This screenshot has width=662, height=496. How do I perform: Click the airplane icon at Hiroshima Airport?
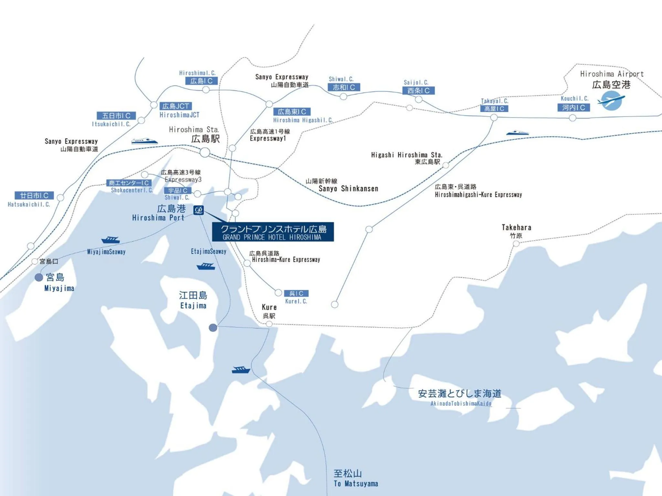coord(611,100)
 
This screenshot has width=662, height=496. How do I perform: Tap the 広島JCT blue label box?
coord(176,106)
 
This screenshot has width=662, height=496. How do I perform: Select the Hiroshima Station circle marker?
coord(205,152)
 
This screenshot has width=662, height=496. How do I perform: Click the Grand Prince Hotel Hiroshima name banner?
coord(273,232)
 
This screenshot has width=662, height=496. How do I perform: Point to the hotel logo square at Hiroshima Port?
coord(198,210)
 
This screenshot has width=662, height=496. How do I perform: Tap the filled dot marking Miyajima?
coord(39,277)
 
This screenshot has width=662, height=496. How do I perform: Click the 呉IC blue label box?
coord(296,293)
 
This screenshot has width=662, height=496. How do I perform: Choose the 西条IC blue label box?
coord(419,91)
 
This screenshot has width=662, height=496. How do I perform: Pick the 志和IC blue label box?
coord(344,87)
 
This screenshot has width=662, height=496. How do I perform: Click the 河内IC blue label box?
coord(573,108)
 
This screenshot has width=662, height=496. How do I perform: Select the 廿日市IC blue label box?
coord(34,195)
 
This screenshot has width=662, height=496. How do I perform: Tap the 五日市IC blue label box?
coord(116,116)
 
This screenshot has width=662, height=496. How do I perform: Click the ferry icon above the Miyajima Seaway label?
coord(111,240)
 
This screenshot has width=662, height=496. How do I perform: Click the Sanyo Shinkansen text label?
coord(348,189)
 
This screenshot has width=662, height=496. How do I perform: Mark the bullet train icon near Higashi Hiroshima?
coord(517,133)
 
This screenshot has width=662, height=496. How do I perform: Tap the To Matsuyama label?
coord(356,484)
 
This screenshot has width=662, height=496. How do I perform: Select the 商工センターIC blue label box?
coord(129,183)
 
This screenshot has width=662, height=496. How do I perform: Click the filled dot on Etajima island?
coord(213,328)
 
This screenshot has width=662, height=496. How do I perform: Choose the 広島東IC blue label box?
coord(292,112)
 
